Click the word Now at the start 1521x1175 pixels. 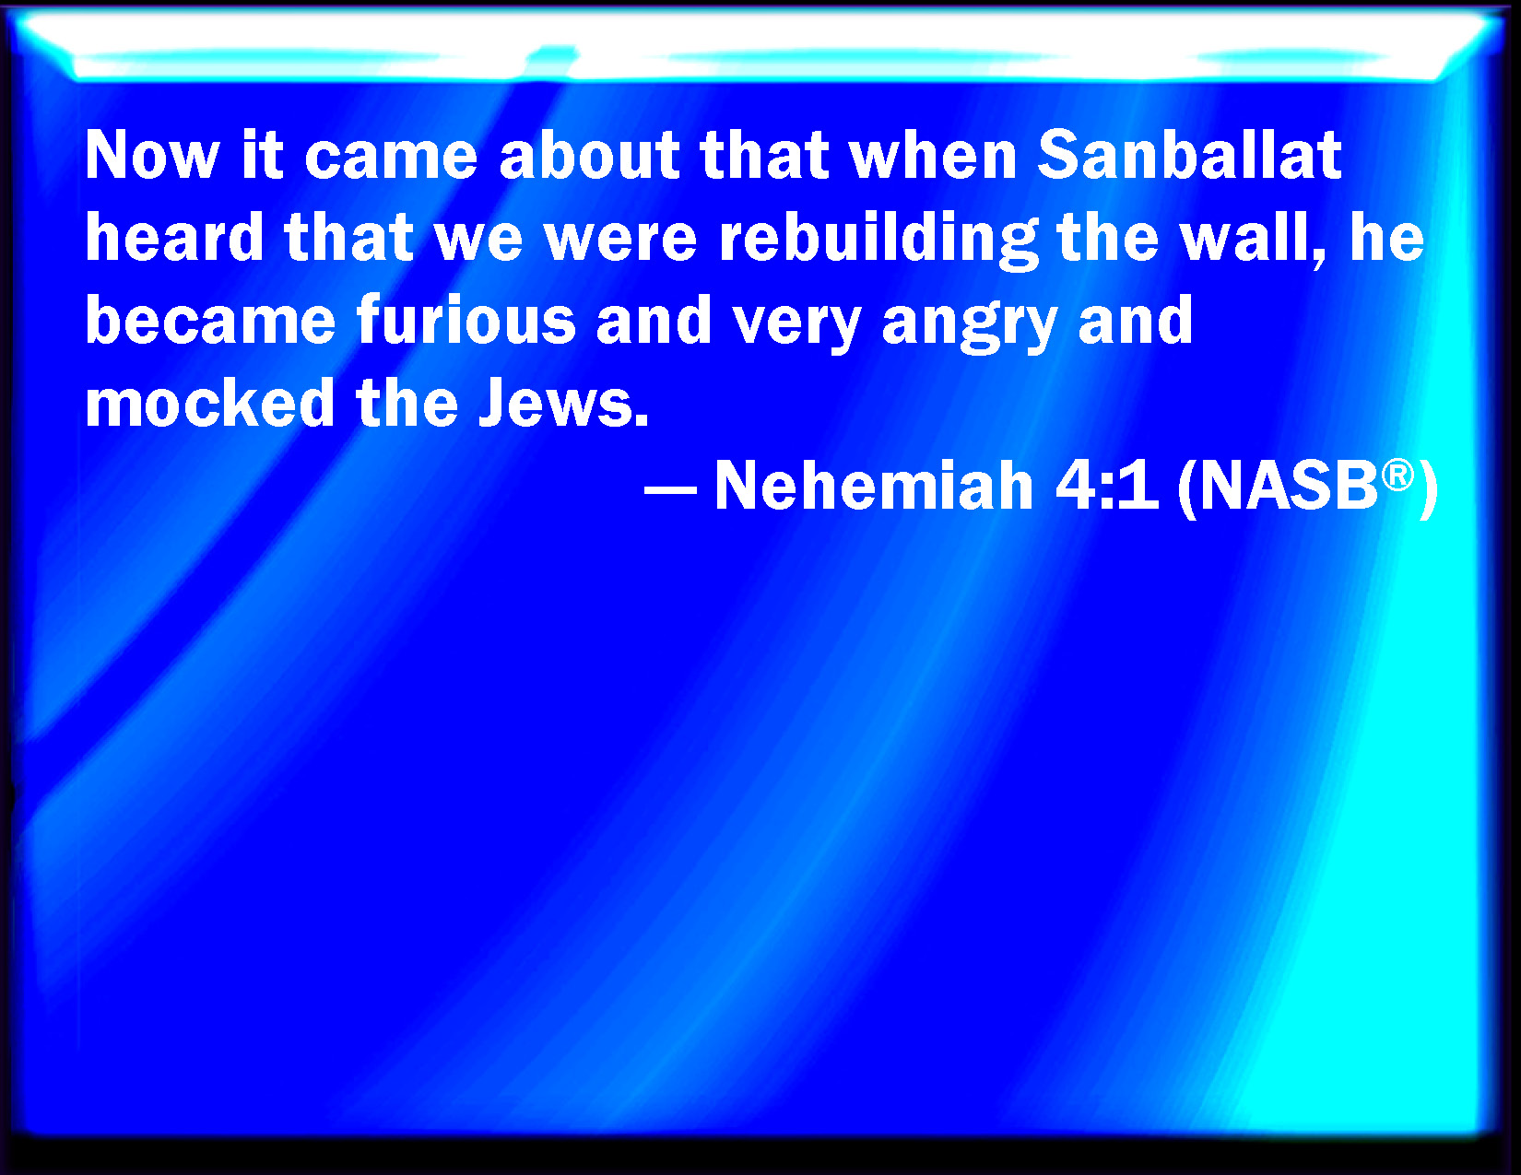coord(153,155)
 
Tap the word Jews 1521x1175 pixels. coord(563,403)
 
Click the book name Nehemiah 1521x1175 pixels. coord(874,485)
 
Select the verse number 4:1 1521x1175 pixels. coord(1106,485)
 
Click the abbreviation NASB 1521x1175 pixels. coord(1289,486)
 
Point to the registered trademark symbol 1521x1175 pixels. coord(1397,476)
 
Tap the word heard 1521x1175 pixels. coord(174,237)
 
